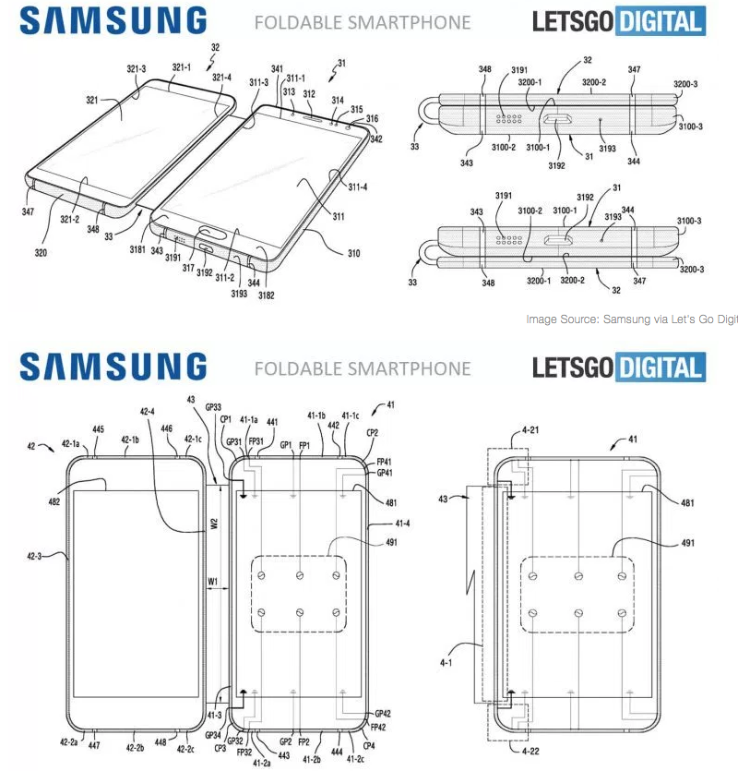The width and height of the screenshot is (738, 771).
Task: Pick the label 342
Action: point(376,139)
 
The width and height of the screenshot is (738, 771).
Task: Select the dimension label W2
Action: point(213,525)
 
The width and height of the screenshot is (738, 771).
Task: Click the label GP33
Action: point(213,406)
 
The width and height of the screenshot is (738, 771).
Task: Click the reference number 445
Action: point(98,428)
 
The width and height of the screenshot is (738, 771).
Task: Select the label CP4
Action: point(369,745)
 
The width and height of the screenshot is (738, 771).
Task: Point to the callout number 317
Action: point(188,269)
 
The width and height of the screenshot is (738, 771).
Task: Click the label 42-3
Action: point(36,557)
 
